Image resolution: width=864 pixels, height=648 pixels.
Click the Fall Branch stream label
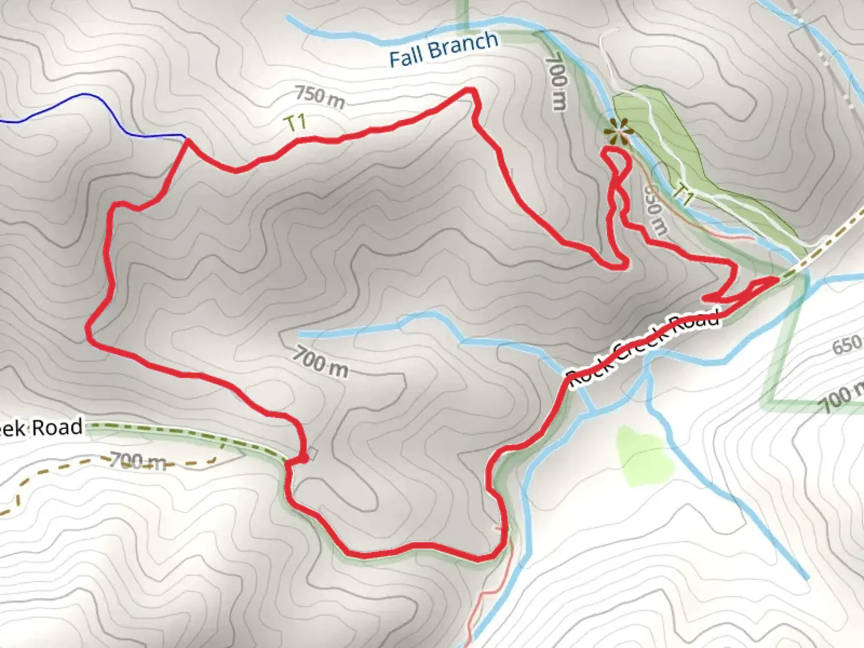pyautogui.click(x=443, y=49)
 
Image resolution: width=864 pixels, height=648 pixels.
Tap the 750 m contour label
pyautogui.click(x=320, y=98)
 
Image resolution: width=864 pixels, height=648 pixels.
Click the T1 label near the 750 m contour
pyautogui.click(x=295, y=123)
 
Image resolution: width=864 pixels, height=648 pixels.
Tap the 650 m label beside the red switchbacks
pyautogui.click(x=655, y=209)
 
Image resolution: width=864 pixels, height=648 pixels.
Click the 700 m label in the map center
pyautogui.click(x=320, y=362)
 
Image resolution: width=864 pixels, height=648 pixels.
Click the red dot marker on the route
pyautogui.click(x=304, y=458)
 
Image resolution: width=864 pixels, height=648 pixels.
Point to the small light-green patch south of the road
pyautogui.click(x=642, y=456)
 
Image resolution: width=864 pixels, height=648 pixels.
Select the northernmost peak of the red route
pyautogui.click(x=471, y=91)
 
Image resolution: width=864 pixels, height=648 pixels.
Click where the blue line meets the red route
pyautogui.click(x=187, y=139)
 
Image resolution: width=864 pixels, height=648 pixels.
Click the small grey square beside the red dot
pyautogui.click(x=313, y=453)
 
